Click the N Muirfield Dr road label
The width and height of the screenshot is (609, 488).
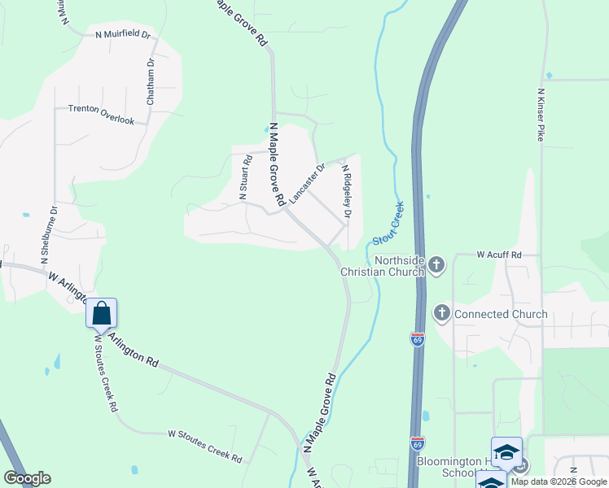[124, 35]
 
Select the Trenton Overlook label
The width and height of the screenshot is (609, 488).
[101, 114]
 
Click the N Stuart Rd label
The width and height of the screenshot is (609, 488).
[242, 178]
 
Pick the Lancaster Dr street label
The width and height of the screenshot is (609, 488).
[306, 183]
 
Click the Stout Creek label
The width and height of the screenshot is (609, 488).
[389, 224]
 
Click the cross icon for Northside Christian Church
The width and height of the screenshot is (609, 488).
[436, 264]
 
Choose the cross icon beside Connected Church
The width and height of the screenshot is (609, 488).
[442, 313]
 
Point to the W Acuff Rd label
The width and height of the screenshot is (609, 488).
[499, 255]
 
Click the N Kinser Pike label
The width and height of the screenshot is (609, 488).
[540, 115]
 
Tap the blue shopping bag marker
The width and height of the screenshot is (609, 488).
[102, 313]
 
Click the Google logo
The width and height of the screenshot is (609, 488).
[27, 478]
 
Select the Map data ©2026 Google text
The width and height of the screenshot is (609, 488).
[559, 481]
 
